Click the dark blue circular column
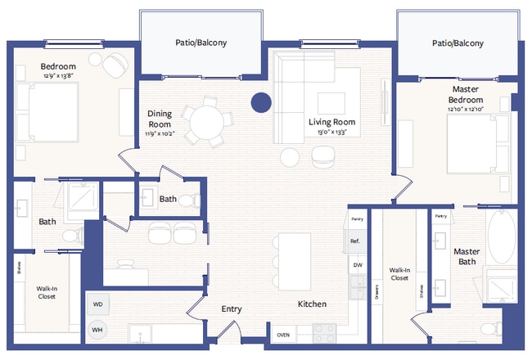[x=260, y=102]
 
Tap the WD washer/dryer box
[x=97, y=304]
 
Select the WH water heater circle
[x=97, y=330]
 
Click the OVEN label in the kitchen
[x=283, y=335]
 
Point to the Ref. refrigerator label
[x=356, y=241]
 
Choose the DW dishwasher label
[x=357, y=265]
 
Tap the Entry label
[x=232, y=309]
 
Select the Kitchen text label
[x=312, y=304]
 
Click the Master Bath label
[x=467, y=257]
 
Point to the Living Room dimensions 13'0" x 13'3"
[x=331, y=131]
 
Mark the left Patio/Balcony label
[x=201, y=43]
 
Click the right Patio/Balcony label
[x=458, y=43]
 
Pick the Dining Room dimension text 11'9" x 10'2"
[x=160, y=134]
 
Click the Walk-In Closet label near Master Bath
[x=399, y=273]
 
